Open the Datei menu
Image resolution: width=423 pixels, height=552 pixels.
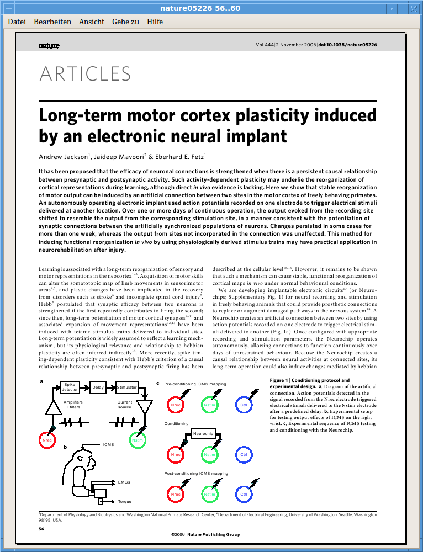tap(17, 22)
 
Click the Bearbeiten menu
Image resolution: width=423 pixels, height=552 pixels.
tap(52, 22)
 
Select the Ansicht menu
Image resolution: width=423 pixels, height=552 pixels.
tap(92, 22)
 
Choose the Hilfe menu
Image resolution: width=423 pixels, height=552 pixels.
tap(155, 22)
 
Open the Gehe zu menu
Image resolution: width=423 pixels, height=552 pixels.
tap(125, 22)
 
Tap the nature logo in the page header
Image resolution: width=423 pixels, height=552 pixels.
tap(49, 45)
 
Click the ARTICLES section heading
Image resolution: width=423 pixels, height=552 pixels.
tap(85, 74)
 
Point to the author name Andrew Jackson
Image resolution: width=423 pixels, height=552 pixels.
tap(63, 157)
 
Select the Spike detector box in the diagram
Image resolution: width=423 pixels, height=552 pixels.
tap(70, 387)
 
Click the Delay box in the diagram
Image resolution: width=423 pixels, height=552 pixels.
tap(98, 387)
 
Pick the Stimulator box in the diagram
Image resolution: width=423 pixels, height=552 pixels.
tap(126, 387)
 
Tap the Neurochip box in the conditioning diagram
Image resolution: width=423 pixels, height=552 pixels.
tap(203, 434)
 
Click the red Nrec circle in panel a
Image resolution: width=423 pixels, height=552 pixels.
tap(47, 440)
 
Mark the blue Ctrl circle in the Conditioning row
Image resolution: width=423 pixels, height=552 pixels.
tap(244, 455)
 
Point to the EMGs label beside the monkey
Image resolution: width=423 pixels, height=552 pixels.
tap(124, 482)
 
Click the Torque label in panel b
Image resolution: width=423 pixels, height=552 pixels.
tap(124, 502)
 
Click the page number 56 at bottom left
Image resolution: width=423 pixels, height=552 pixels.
tap(41, 529)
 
